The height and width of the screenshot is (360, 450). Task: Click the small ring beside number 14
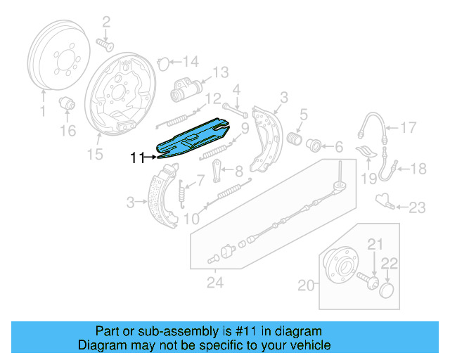coord(162,62)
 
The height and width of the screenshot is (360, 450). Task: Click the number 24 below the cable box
coord(214,283)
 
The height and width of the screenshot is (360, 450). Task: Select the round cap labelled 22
coord(387,290)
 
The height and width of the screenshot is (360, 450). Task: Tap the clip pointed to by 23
coord(385,200)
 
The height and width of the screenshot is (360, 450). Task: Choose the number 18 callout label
coord(418,168)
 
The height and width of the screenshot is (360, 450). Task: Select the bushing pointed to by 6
coord(314,146)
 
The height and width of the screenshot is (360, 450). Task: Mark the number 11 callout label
coord(137,158)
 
